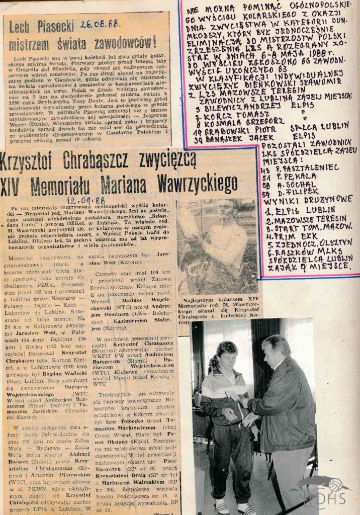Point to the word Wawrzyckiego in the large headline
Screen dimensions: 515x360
point(197,185)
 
